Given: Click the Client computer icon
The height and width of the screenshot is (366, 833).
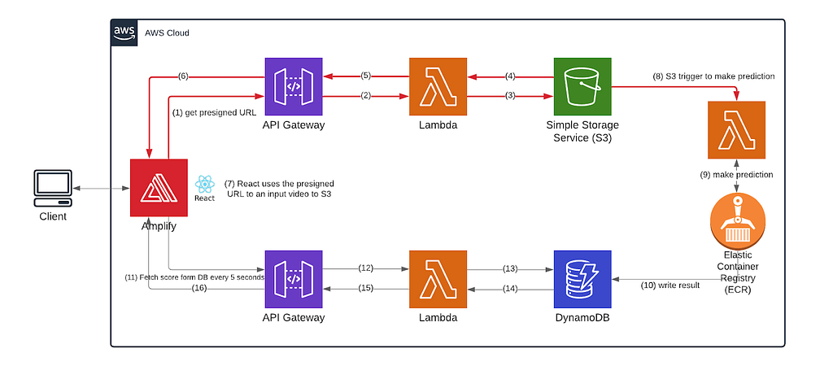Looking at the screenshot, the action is coord(53,188).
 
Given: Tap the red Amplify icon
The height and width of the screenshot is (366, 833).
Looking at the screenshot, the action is coord(159,188).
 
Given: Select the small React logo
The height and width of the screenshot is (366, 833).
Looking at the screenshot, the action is coord(204,185).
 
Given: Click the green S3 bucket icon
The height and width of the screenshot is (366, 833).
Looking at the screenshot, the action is coord(582,86).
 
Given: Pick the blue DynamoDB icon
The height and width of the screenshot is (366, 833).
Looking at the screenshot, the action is coord(582,280).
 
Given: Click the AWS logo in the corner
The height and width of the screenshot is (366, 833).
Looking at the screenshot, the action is coord(124,33).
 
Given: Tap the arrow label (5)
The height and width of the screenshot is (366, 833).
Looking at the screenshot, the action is coord(365,76).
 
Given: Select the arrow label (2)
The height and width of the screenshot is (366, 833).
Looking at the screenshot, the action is coord(365,96).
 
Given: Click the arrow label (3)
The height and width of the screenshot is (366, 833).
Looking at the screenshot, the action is coord(511,96).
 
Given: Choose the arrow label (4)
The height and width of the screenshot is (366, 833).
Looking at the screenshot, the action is coord(511,76).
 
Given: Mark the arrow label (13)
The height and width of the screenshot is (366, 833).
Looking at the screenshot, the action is coord(510,268).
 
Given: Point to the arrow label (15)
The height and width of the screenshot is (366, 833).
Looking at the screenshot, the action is coord(365,289).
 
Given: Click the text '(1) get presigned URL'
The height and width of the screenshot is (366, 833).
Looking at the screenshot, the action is coord(214,112).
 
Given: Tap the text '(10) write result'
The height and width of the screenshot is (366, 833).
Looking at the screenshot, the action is coord(670,285).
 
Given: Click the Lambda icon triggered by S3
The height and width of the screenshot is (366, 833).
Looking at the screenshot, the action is coord(737,130).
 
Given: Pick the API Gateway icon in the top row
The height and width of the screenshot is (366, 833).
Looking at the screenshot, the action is coord(293,86).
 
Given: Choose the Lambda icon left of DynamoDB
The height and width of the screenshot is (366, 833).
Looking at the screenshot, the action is coord(438,280).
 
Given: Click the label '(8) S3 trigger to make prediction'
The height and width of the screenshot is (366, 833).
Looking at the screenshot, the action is coord(713,76).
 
